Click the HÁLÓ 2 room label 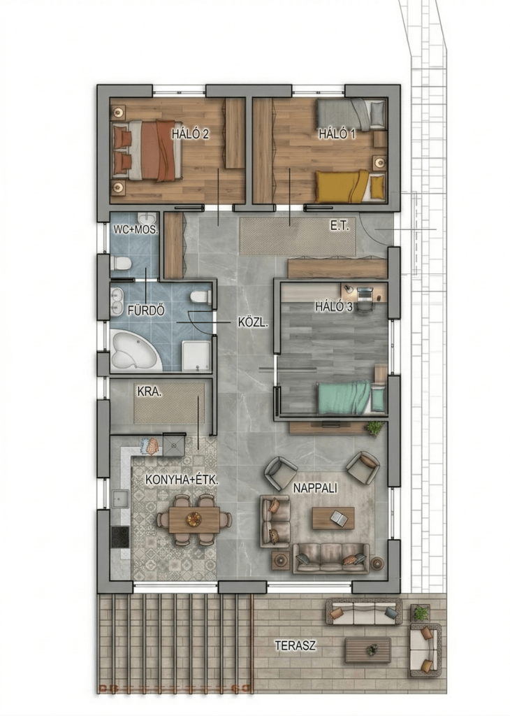tap(190, 134)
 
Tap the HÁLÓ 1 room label tap(337, 134)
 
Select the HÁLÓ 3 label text tap(334, 306)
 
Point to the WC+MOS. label tap(136, 229)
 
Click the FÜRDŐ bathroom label tap(146, 310)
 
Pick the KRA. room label tap(150, 392)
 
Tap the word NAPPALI tap(315, 487)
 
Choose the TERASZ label tap(295, 645)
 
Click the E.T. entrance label tap(340, 226)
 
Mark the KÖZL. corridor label tap(253, 322)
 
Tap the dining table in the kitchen tap(194, 520)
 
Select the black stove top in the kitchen tap(121, 536)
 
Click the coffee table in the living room tap(333, 518)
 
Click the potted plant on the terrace tap(420, 612)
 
